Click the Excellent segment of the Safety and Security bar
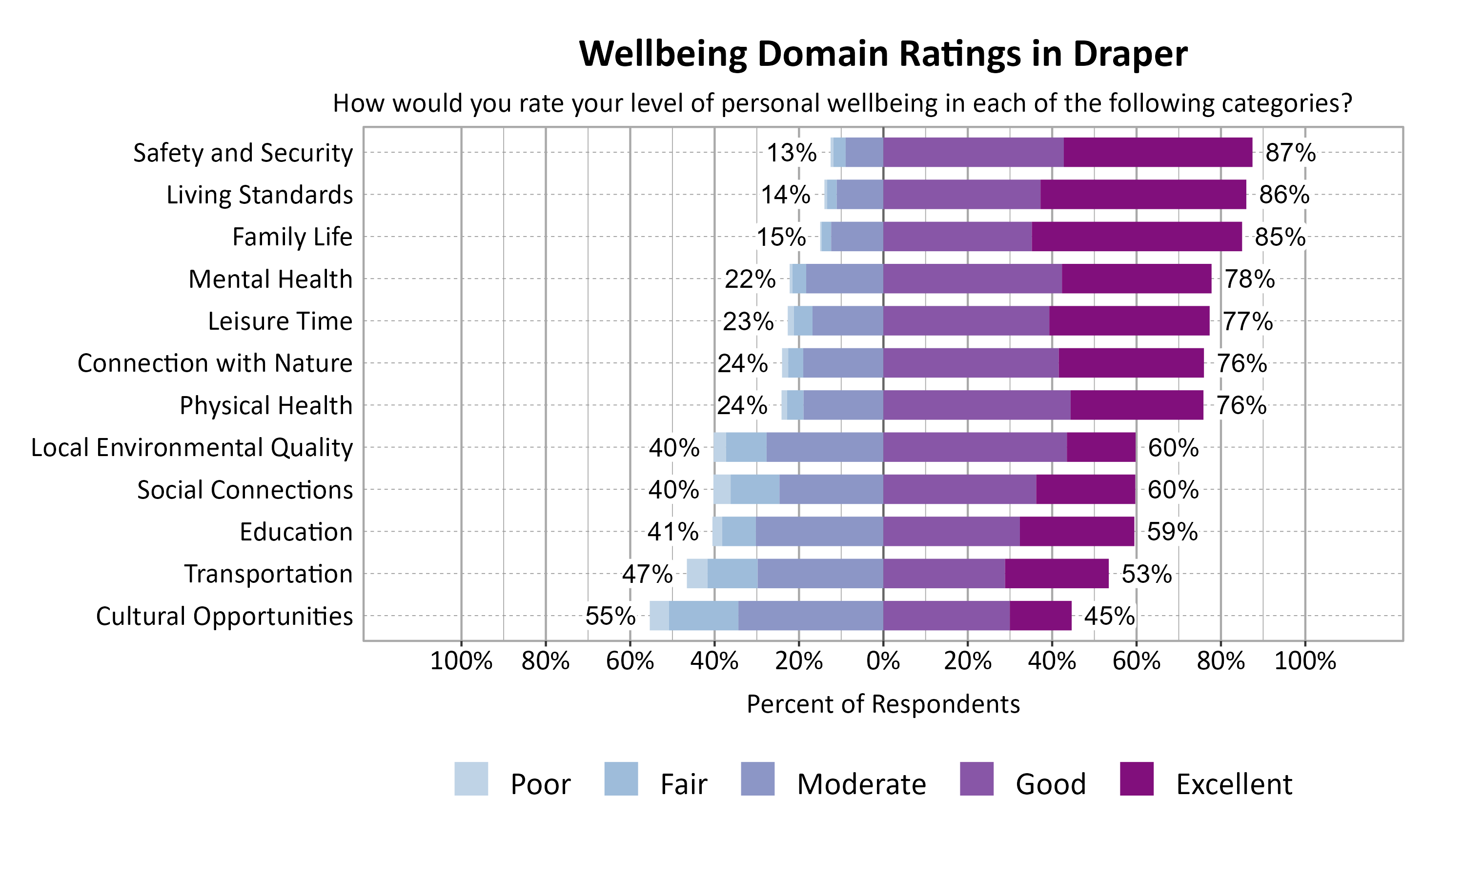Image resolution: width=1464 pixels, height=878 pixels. tap(1157, 152)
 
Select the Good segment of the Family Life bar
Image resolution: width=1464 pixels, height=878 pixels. tap(957, 237)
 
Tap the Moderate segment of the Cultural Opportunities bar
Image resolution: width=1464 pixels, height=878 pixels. tap(810, 616)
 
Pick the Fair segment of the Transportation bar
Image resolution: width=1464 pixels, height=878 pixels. tap(732, 573)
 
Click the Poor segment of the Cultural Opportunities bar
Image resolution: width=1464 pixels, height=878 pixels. tap(659, 616)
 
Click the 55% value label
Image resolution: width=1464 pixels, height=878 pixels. tap(610, 617)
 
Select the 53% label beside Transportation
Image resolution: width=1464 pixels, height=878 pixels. tap(1146, 574)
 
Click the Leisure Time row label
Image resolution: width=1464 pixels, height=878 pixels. tap(280, 321)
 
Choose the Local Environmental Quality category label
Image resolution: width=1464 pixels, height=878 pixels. tap(192, 447)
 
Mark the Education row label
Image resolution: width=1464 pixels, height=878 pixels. tap(296, 532)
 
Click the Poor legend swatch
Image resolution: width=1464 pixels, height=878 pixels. tap(471, 778)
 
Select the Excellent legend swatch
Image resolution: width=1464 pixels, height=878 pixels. tap(1137, 778)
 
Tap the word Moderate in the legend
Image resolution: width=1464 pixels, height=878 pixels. tap(861, 784)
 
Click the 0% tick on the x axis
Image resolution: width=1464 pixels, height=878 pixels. tap(883, 661)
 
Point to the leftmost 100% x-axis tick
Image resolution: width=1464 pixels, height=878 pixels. tap(461, 661)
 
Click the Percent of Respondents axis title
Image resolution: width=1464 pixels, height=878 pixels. tap(883, 704)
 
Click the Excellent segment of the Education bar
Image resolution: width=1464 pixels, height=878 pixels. tap(1077, 531)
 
